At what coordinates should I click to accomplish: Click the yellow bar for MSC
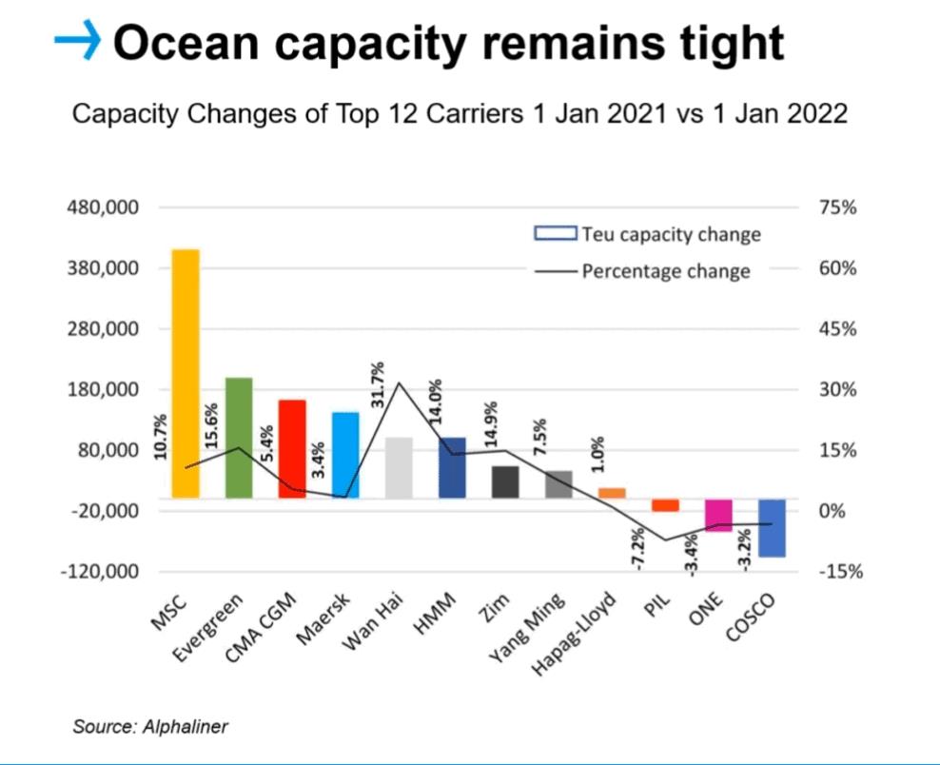click(x=186, y=374)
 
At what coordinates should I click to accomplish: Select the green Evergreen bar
click(x=239, y=438)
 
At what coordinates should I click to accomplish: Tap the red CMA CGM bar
click(x=292, y=449)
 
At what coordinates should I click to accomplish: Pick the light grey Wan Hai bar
click(x=399, y=468)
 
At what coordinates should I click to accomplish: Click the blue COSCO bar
click(x=772, y=528)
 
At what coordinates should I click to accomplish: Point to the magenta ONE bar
click(x=718, y=515)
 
